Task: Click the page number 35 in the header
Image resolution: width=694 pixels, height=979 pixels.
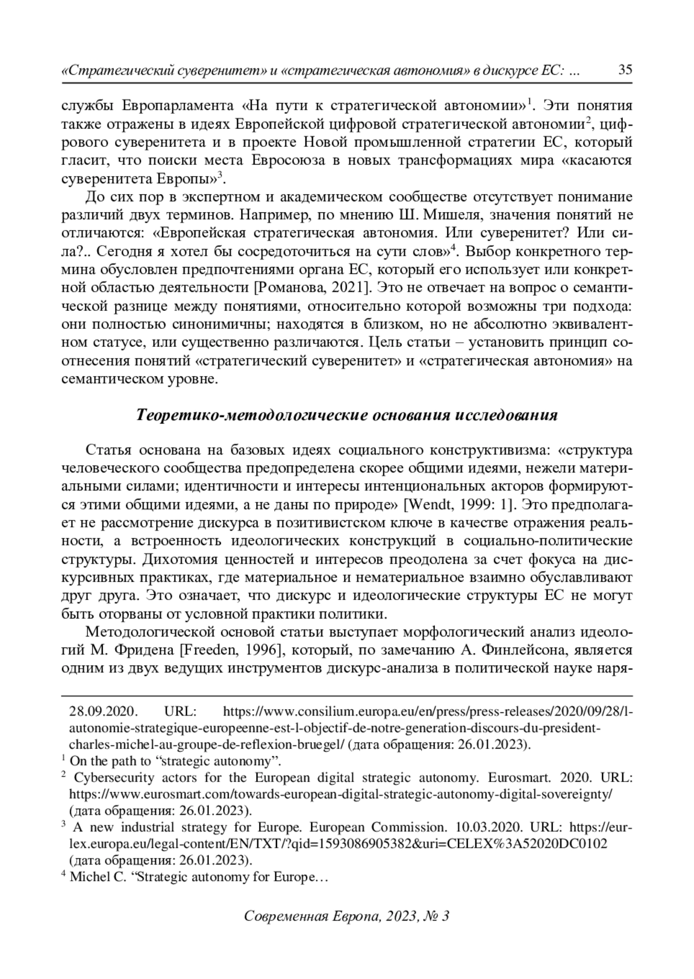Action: [x=625, y=71]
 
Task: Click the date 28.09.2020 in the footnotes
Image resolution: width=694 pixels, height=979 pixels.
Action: [x=102, y=711]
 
